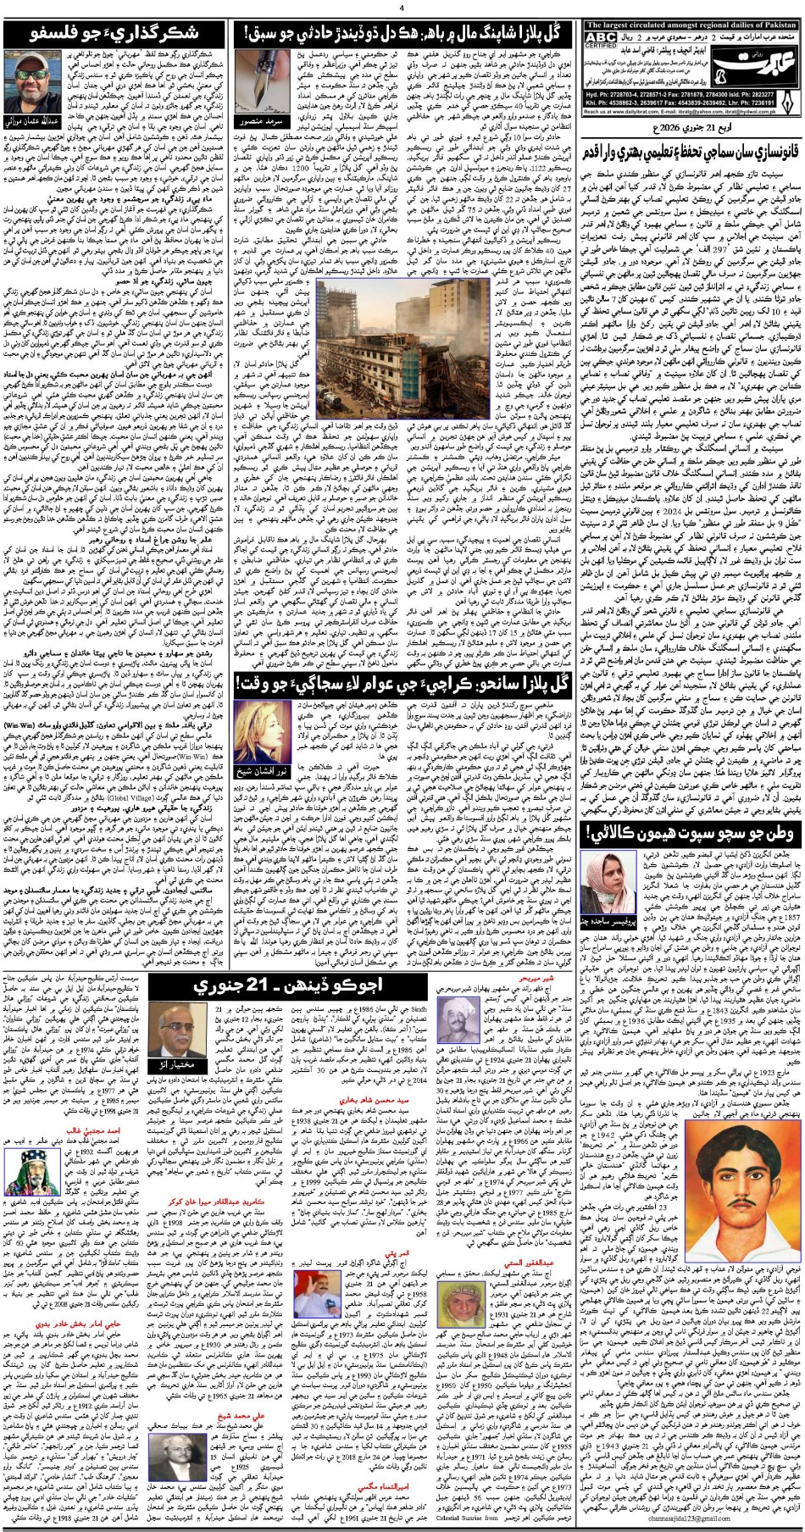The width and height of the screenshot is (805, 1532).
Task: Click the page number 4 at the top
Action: (x=402, y=8)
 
